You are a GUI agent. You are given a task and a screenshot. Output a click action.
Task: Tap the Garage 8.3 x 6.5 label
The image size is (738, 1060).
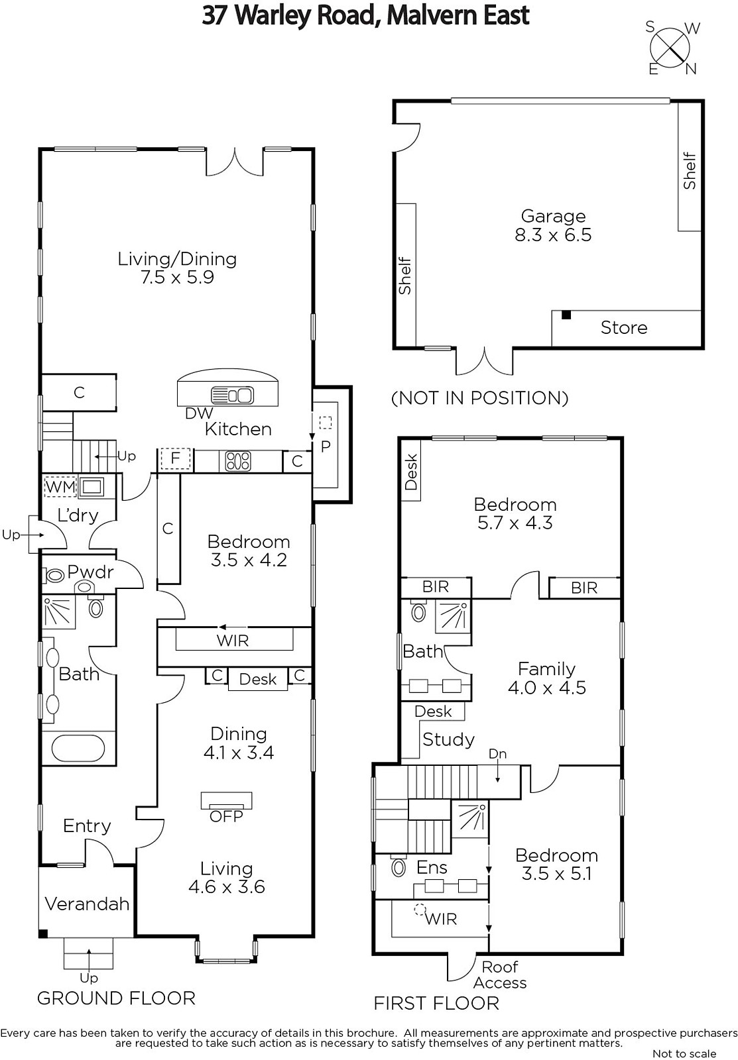pyautogui.click(x=553, y=225)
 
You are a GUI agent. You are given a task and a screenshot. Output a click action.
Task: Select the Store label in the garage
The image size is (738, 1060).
pyautogui.click(x=624, y=327)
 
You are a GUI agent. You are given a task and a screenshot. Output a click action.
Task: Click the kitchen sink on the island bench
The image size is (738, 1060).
pyautogui.click(x=232, y=395)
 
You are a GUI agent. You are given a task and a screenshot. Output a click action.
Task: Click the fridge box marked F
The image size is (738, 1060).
pyautogui.click(x=175, y=458)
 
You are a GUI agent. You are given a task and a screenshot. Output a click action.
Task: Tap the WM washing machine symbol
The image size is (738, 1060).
pyautogui.click(x=60, y=486)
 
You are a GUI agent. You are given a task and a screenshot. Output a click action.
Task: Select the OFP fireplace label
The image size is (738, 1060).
pyautogui.click(x=226, y=816)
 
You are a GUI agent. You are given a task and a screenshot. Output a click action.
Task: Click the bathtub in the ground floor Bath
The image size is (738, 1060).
pyautogui.click(x=78, y=748)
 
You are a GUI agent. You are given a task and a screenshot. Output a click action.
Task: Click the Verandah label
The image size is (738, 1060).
pyautogui.click(x=87, y=904)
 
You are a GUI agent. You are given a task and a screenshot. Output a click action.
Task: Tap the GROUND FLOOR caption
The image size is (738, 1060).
pyautogui.click(x=116, y=998)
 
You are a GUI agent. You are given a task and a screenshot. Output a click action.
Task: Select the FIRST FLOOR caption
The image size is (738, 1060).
pyautogui.click(x=437, y=1003)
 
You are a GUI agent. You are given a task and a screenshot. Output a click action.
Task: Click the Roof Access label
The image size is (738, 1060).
pyautogui.click(x=500, y=975)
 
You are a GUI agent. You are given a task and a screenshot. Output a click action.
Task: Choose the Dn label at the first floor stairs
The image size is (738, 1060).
pyautogui.click(x=497, y=754)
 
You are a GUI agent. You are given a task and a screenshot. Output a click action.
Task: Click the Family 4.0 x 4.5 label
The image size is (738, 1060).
pyautogui.click(x=546, y=678)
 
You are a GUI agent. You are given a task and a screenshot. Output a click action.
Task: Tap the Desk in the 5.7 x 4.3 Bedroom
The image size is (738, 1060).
pyautogui.click(x=411, y=471)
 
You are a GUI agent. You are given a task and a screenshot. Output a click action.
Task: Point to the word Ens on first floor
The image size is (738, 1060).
pyautogui.click(x=432, y=867)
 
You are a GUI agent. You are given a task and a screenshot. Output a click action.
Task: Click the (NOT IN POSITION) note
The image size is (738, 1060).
pyautogui.click(x=480, y=398)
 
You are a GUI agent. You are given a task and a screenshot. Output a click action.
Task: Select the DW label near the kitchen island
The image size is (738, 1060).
pyautogui.click(x=199, y=413)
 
